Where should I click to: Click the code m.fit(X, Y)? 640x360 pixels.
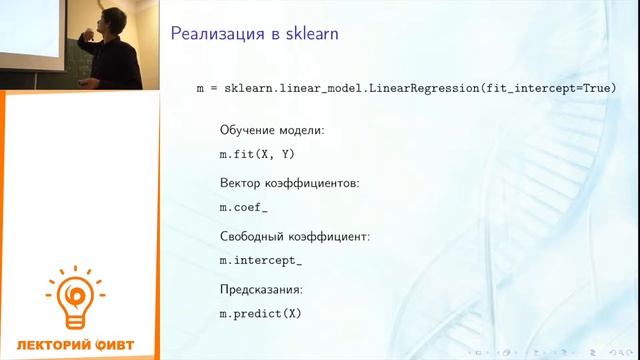coord(257,154)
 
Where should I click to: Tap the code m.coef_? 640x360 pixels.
coord(244,207)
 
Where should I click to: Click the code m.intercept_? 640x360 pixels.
coord(260,261)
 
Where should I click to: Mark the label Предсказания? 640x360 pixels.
coord(260,290)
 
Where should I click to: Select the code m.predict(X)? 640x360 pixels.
coord(260,314)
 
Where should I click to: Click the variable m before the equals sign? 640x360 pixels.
coord(200,89)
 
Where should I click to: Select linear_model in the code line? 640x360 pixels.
coord(324,89)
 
